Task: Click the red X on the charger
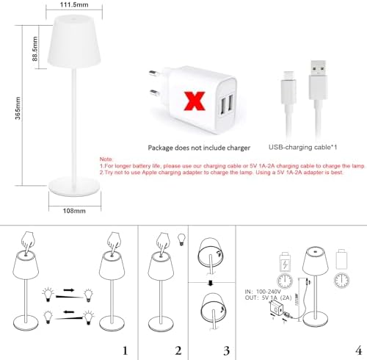(195, 98)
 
